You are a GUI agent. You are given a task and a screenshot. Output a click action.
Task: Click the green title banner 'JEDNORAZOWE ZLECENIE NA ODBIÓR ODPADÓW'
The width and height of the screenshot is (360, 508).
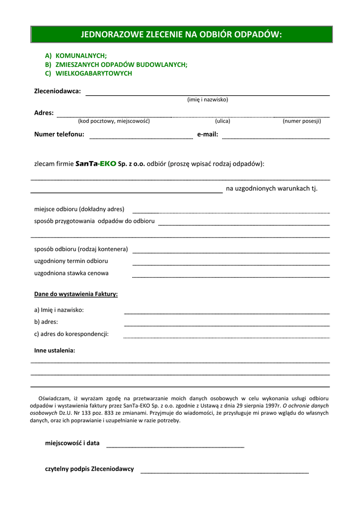click(181, 34)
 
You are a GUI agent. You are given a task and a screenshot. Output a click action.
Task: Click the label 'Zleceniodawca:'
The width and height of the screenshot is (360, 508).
click(57, 91)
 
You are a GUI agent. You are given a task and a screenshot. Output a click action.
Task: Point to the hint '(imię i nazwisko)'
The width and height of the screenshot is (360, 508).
click(208, 100)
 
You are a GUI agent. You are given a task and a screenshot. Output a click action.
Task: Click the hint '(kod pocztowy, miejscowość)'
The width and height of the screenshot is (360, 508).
click(114, 121)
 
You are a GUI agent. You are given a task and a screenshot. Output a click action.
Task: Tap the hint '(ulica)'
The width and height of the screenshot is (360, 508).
click(222, 121)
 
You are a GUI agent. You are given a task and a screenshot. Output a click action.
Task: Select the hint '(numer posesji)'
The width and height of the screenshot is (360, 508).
click(302, 121)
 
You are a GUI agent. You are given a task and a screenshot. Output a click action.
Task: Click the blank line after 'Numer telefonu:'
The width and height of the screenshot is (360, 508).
click(141, 137)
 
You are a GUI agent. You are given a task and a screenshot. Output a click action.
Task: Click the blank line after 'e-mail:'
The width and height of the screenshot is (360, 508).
click(276, 137)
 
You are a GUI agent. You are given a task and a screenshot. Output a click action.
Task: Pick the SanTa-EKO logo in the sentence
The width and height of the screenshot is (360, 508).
click(95, 163)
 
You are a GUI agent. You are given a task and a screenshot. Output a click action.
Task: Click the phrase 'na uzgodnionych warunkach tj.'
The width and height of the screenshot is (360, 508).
click(272, 189)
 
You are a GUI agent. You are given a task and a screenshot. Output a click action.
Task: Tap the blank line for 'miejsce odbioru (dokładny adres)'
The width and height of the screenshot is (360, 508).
click(231, 212)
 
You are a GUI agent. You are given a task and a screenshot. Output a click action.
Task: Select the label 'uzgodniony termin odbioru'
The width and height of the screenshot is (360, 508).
click(71, 261)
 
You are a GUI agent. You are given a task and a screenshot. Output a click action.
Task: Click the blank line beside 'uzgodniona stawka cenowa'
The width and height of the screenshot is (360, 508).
click(231, 276)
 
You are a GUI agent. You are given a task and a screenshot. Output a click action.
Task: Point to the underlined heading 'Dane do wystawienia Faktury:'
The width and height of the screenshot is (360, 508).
click(76, 294)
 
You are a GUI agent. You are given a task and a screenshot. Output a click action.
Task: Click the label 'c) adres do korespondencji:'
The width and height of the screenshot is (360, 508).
click(72, 334)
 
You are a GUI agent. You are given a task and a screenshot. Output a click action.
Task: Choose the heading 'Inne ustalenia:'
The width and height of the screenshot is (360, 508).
click(55, 351)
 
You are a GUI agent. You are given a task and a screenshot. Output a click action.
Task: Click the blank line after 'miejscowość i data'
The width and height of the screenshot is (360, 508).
click(175, 446)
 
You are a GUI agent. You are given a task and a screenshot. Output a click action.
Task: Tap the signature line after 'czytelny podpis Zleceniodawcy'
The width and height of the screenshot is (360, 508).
click(224, 472)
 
